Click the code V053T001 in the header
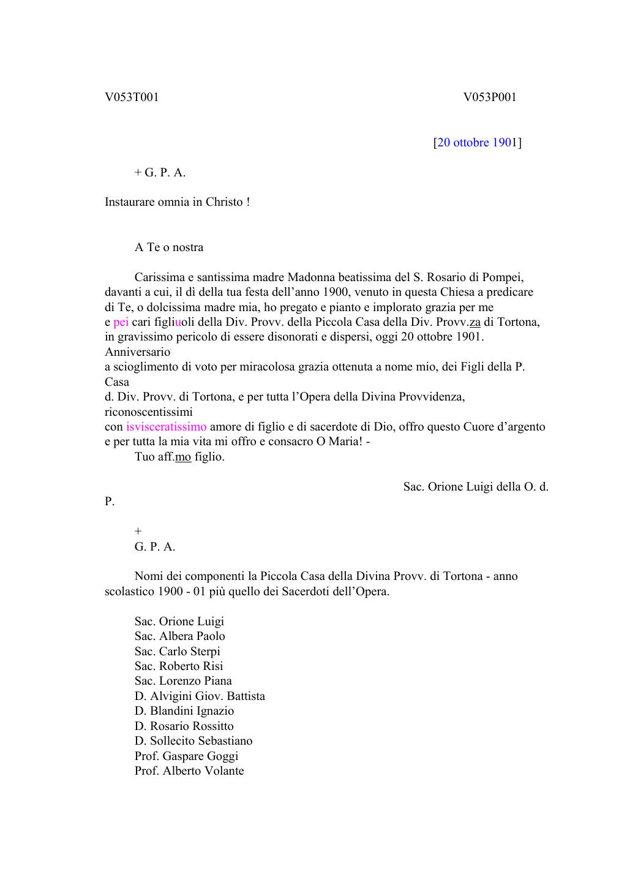(x=132, y=97)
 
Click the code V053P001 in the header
(x=490, y=97)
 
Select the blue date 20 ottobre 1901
(x=477, y=143)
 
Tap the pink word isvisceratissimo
(x=167, y=427)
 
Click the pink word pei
(x=121, y=322)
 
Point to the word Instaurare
(x=130, y=202)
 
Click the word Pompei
(x=505, y=277)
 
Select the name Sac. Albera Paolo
(x=179, y=636)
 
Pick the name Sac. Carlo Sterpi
(x=177, y=652)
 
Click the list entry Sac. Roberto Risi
(x=179, y=666)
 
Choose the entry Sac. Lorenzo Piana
(x=183, y=681)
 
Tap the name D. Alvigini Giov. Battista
(x=200, y=696)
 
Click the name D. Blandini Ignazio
(x=184, y=711)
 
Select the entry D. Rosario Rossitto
(x=184, y=726)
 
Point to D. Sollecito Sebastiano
(x=193, y=741)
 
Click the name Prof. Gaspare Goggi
(x=186, y=756)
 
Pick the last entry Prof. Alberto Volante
(x=189, y=771)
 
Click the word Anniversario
(x=137, y=352)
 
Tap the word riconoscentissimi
(x=148, y=412)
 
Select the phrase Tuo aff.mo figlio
(x=179, y=457)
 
